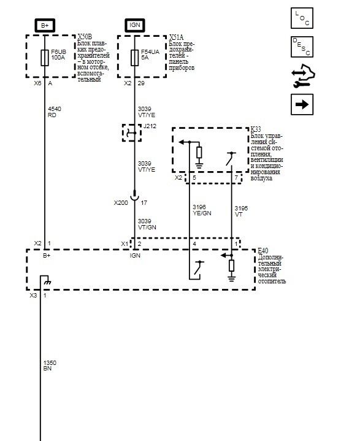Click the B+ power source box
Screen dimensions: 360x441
[45, 25]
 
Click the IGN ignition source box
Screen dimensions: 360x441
[135, 25]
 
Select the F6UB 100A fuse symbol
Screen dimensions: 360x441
[45, 58]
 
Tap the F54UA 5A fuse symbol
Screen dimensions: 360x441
[134, 58]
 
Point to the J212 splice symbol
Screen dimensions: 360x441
[132, 132]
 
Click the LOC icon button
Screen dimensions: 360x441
[302, 18]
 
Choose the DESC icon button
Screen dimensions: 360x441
[302, 47]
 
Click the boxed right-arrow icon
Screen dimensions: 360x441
[302, 105]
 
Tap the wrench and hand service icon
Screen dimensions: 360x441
[303, 76]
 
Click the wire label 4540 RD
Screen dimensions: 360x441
[55, 112]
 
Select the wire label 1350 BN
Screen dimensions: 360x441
[50, 366]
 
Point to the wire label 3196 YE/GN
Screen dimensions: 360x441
[202, 210]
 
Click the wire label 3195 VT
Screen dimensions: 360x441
[241, 211]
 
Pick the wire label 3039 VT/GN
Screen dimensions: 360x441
[147, 224]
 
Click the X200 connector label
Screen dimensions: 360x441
[121, 203]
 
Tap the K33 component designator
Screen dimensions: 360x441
[256, 129]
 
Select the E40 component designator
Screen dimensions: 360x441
[263, 251]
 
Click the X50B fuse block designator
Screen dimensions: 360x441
[85, 37]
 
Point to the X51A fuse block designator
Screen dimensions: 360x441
[177, 37]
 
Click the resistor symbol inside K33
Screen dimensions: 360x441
[199, 153]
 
